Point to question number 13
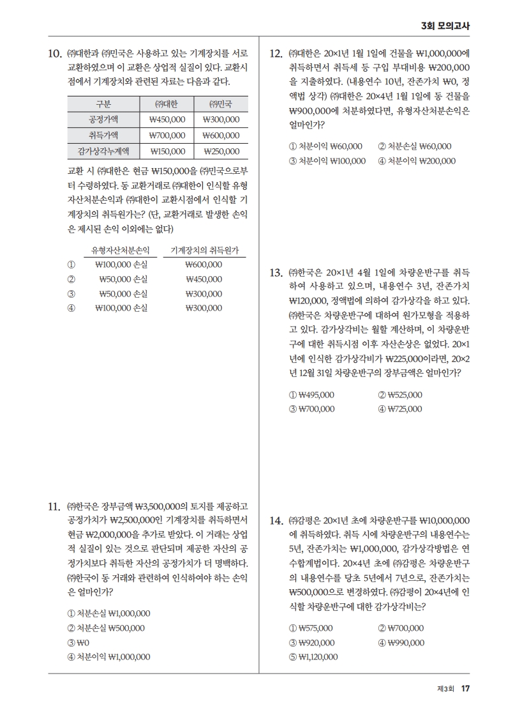point(276,273)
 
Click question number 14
point(276,521)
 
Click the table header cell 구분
point(103,104)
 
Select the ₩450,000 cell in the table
point(167,119)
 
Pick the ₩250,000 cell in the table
point(221,151)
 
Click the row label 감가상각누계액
point(103,151)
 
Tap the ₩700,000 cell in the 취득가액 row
point(167,135)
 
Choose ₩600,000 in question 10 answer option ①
point(204,265)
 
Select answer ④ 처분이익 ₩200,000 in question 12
point(417,161)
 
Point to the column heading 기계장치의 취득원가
point(204,251)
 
